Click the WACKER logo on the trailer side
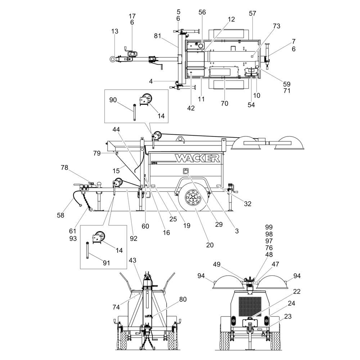[197, 158]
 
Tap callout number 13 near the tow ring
[114, 31]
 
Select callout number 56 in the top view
[202, 12]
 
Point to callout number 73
[276, 26]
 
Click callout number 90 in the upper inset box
[113, 100]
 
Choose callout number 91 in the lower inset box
[106, 263]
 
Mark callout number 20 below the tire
[210, 245]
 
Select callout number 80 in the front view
[183, 300]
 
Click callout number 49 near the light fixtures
[217, 265]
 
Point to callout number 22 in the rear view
[297, 291]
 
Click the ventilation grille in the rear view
[250, 306]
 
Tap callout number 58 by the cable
[60, 215]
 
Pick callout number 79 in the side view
[97, 153]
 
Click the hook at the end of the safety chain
[91, 209]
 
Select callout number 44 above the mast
[116, 130]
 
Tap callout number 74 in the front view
[116, 307]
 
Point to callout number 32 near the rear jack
[248, 204]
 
